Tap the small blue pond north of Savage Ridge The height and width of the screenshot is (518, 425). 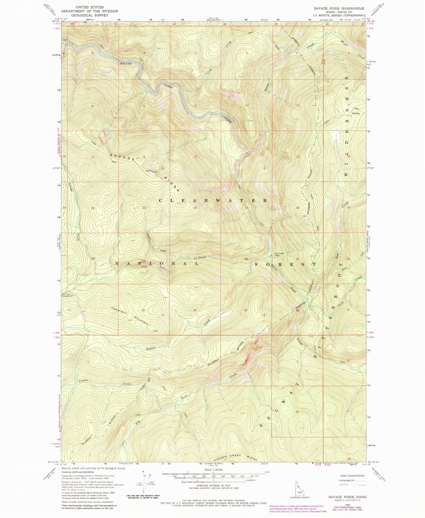[107, 130]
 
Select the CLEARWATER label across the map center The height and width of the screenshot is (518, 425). [213, 201]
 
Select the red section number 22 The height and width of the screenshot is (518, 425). [195, 208]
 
